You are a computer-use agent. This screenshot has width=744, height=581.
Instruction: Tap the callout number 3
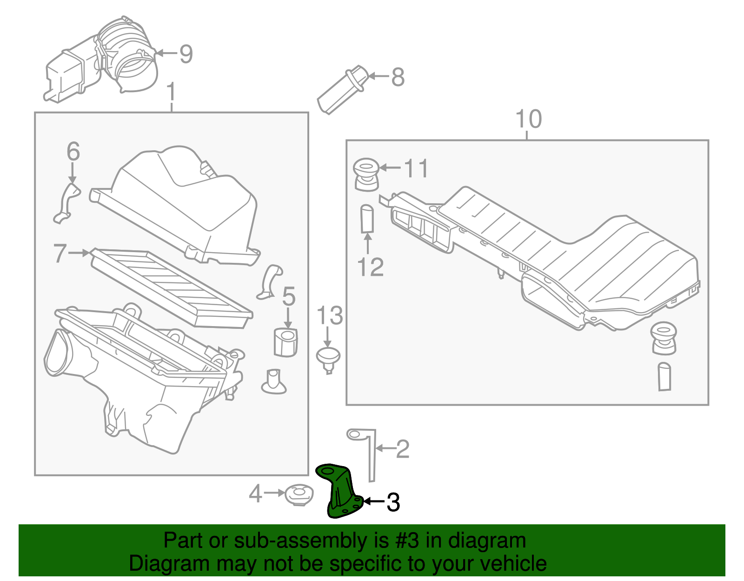[393, 502]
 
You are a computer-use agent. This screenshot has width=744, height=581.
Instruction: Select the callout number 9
[186, 54]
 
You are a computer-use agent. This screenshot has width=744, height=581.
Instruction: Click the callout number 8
[398, 77]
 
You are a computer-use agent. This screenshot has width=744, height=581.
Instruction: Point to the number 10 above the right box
[529, 119]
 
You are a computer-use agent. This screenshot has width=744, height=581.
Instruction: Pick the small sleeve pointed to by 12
[367, 218]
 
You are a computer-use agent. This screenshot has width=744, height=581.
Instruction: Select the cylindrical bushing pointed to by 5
[285, 342]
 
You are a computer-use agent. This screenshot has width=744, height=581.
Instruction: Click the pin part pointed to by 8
[342, 91]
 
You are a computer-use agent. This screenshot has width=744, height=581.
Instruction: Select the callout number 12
[370, 267]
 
